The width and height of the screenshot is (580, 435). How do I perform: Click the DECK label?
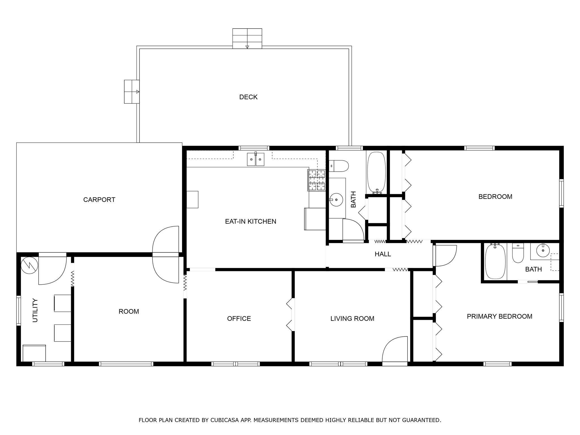(x=248, y=97)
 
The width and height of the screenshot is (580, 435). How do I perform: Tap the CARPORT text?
(x=99, y=200)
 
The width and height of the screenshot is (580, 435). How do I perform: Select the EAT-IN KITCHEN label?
(x=250, y=221)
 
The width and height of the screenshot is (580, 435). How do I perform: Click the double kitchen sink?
(x=255, y=159)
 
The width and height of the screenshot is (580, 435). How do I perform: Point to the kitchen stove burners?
(x=317, y=180)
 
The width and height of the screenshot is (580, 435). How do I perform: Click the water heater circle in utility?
(x=29, y=265)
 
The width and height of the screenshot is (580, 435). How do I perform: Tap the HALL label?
(x=383, y=254)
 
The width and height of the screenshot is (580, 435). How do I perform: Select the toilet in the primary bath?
(x=518, y=253)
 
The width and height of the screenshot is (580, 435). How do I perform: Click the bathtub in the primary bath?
(x=495, y=262)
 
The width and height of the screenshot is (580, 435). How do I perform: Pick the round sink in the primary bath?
(x=543, y=250)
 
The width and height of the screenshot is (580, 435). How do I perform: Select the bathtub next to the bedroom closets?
(x=376, y=172)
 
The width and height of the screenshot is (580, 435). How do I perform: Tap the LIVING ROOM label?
(x=352, y=319)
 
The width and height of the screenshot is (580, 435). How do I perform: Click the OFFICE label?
(x=239, y=319)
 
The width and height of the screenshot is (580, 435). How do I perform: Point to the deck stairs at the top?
(x=247, y=39)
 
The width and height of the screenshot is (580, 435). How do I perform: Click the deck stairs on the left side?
(x=132, y=91)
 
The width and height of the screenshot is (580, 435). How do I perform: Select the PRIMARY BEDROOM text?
(x=499, y=316)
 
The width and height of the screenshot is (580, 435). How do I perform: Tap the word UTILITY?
(x=35, y=310)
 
